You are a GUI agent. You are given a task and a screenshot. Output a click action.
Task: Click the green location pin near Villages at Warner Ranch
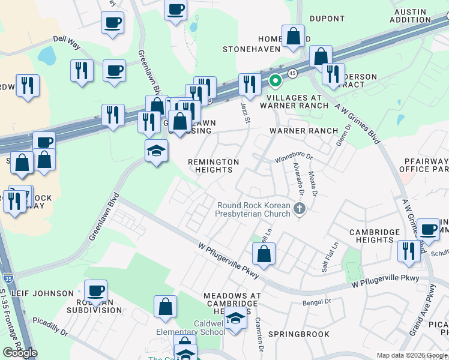(x=276, y=81)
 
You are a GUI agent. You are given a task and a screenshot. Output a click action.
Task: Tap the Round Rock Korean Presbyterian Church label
(x=254, y=210)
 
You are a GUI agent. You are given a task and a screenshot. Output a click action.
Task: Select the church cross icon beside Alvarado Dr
(x=300, y=209)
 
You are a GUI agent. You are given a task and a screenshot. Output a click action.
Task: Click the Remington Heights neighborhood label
(x=214, y=166)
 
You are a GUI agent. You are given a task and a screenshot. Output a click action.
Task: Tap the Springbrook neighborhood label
(x=298, y=334)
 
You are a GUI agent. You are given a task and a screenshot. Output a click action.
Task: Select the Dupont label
(x=327, y=19)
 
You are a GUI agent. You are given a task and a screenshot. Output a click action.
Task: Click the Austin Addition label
(x=418, y=16)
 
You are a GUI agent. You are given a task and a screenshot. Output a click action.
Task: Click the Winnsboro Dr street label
(x=294, y=158)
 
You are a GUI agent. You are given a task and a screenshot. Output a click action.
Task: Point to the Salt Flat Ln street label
(x=330, y=256)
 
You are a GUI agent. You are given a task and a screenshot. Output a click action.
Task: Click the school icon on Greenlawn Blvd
(x=156, y=151)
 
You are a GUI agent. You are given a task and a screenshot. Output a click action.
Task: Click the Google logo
(x=20, y=353)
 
